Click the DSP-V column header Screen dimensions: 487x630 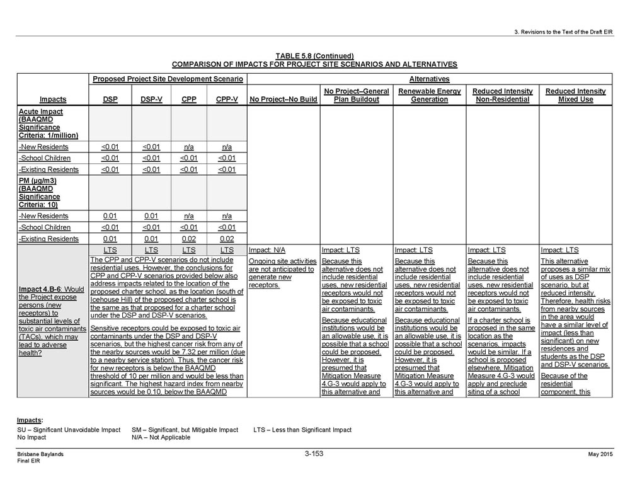pyautogui.click(x=150, y=100)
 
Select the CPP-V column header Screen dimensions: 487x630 pyautogui.click(x=227, y=100)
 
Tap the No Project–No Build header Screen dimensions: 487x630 pyautogui.click(x=283, y=100)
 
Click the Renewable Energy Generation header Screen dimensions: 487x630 pyautogui.click(x=429, y=95)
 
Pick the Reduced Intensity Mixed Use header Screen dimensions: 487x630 pyautogui.click(x=575, y=95)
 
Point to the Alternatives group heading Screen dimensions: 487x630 pyautogui.click(x=429, y=79)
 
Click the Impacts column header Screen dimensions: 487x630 pyautogui.click(x=53, y=100)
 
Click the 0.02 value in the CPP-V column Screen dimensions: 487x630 pyautogui.click(x=227, y=239)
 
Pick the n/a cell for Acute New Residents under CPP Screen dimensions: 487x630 pyautogui.click(x=188, y=147)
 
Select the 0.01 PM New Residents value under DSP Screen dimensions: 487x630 pyautogui.click(x=111, y=216)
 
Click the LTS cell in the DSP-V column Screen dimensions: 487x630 pyautogui.click(x=150, y=250)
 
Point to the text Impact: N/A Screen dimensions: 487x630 pyautogui.click(x=268, y=250)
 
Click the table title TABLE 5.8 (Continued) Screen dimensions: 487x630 pyautogui.click(x=314, y=56)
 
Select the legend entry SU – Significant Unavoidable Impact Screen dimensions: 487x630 pyautogui.click(x=69, y=430)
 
